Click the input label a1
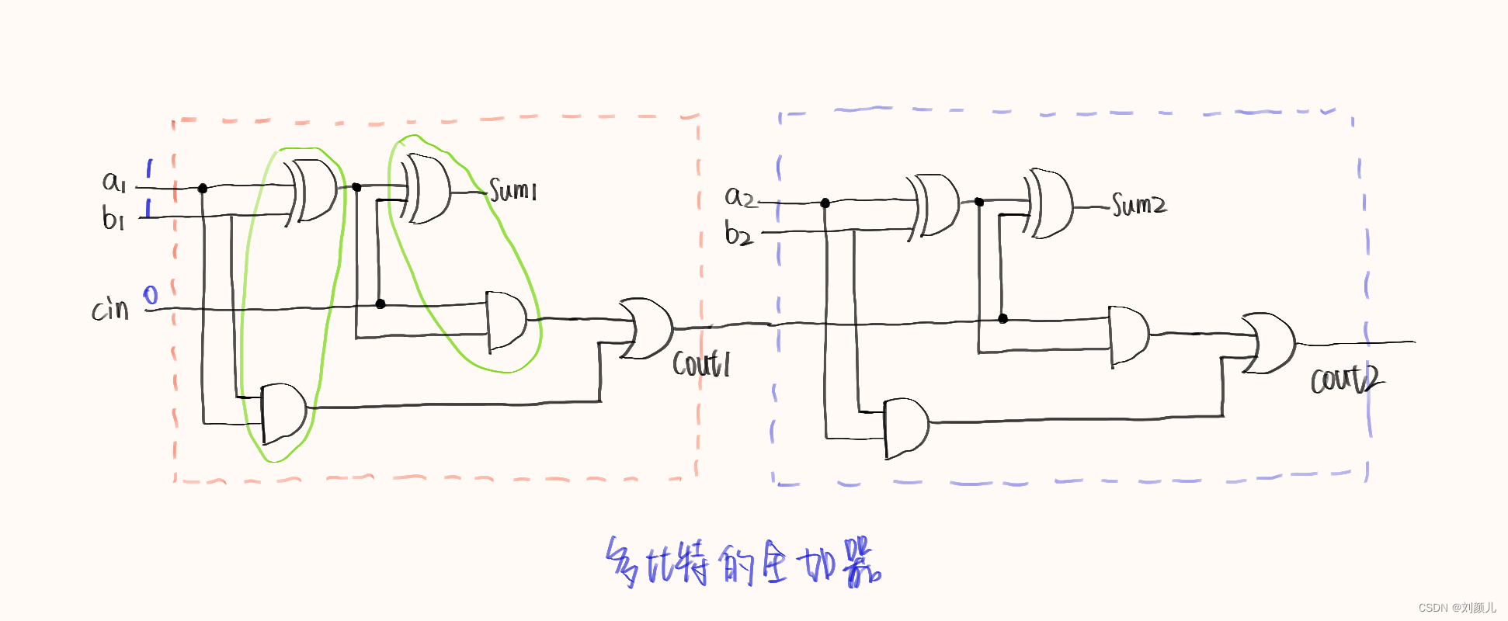113,182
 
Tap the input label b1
113,218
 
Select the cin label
110,309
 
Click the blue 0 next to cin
151,295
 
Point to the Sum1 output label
513,189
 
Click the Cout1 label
700,363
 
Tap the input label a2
739,197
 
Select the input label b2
738,233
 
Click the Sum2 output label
1138,205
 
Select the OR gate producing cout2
1268,343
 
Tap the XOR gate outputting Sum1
426,189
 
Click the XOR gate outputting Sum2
1050,203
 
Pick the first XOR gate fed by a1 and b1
313,191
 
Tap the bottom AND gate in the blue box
906,427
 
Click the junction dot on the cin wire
380,304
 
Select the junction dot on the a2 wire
825,203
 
